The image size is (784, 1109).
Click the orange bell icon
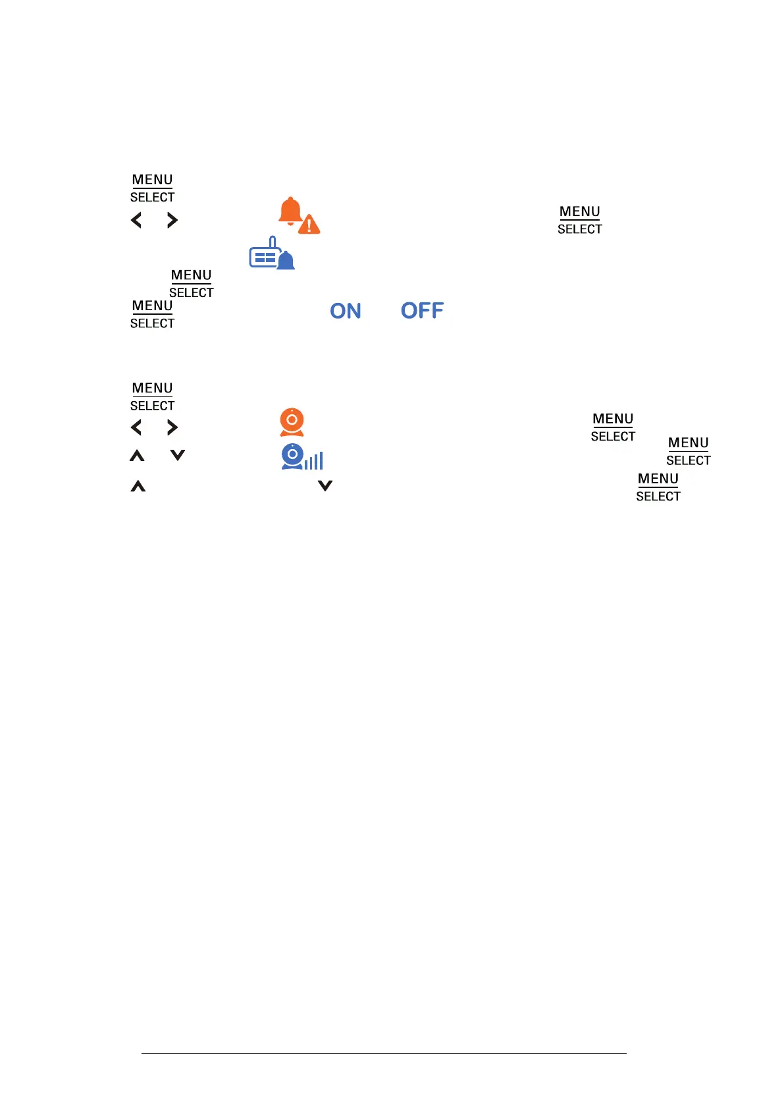point(290,211)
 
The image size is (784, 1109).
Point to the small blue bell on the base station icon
point(286,261)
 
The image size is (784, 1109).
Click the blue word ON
point(346,311)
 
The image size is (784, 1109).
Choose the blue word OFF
point(422,311)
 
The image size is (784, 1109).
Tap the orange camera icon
point(292,422)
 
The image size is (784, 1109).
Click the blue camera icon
point(292,456)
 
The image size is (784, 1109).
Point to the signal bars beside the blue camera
point(314,461)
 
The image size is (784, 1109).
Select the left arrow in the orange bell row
point(136,220)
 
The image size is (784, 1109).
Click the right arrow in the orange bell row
point(172,220)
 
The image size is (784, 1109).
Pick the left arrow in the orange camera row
point(136,427)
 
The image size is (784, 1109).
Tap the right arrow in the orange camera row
point(172,427)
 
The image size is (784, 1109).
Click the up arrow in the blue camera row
point(137,456)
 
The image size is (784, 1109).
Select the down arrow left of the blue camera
point(178,455)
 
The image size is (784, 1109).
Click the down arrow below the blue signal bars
point(325,486)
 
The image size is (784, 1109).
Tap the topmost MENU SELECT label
point(152,188)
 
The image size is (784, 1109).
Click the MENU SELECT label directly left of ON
point(152,314)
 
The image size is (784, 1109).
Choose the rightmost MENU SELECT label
point(689,451)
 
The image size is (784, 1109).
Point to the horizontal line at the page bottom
point(384,1053)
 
